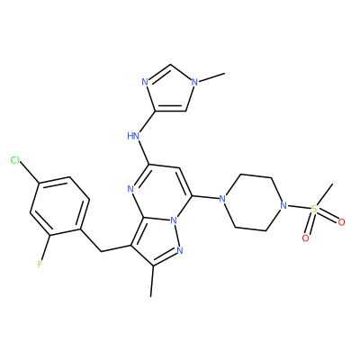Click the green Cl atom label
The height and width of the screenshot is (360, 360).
tap(15, 160)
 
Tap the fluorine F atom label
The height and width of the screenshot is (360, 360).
tap(40, 265)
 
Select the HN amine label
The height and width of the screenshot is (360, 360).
tap(133, 136)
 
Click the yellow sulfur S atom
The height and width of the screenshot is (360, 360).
tap(314, 209)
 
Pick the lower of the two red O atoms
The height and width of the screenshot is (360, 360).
tap(305, 238)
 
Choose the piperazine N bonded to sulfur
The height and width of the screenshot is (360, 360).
tap(282, 206)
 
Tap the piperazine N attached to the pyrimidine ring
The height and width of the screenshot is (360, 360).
tap(222, 199)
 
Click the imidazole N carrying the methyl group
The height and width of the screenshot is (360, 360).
tap(194, 82)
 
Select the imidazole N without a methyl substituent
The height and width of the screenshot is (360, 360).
tap(145, 82)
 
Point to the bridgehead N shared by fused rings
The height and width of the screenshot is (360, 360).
tap(173, 221)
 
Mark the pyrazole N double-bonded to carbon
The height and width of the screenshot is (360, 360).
tap(180, 250)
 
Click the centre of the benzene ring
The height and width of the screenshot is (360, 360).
tap(59, 206)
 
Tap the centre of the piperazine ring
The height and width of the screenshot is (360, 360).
tap(252, 202)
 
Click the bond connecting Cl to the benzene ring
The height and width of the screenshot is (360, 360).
tap(30, 172)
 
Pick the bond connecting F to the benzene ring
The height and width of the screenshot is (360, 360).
tap(46, 247)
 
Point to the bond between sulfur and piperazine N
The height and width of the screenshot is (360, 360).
tap(298, 207)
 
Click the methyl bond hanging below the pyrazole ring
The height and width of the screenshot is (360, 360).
tap(152, 282)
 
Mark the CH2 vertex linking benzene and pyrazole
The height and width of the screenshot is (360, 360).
tap(101, 251)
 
